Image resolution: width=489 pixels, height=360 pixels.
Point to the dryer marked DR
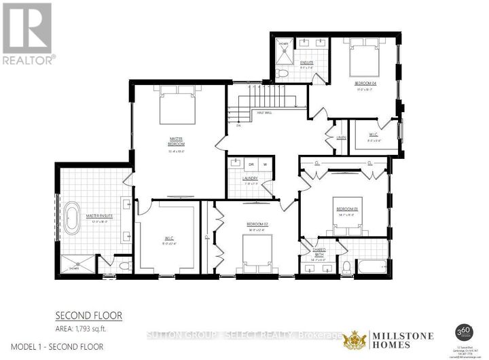coord(251,164)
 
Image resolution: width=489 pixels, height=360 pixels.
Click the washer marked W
coord(265,164)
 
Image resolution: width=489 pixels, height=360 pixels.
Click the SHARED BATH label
coord(319,252)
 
